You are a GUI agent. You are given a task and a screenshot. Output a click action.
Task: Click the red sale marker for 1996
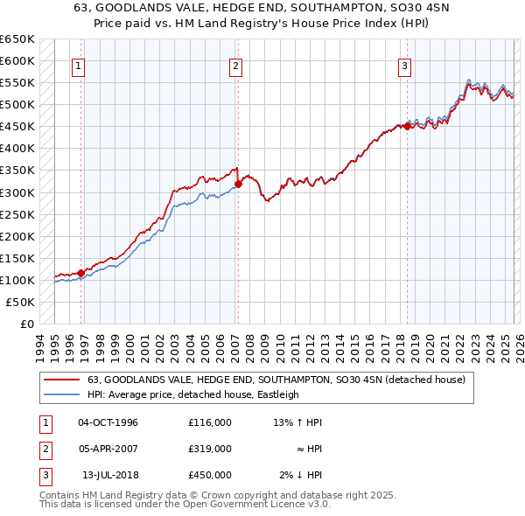80,273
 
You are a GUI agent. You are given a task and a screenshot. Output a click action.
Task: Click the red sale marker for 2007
238,184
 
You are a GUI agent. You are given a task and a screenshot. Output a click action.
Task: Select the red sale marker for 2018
407,126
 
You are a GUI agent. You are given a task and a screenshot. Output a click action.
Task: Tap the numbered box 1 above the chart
79,65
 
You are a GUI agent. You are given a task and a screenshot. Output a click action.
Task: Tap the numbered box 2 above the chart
236,65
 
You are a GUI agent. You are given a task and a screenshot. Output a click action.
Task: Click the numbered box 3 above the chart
405,65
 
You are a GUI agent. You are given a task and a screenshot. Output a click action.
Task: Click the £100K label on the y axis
17,280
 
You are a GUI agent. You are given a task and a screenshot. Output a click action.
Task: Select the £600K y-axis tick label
17,60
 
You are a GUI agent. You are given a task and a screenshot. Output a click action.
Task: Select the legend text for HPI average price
192,394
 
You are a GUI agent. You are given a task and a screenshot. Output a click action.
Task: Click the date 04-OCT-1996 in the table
108,422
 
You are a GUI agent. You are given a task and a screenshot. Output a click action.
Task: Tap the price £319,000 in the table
209,449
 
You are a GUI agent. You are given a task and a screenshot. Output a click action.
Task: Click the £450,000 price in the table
209,475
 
